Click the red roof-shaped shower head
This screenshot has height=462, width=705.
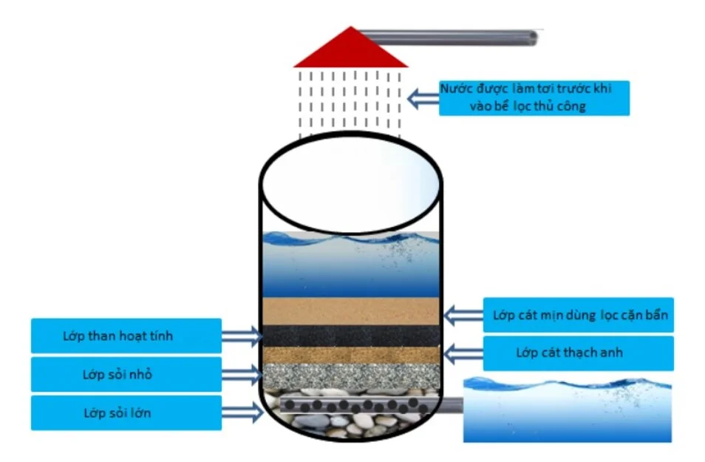pyautogui.click(x=350, y=50)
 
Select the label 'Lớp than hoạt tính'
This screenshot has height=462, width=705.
pyautogui.click(x=126, y=336)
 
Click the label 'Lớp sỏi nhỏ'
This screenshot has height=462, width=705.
pyautogui.click(x=126, y=375)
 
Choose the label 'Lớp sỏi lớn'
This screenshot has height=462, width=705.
pyautogui.click(x=126, y=412)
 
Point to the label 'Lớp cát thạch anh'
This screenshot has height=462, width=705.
pyautogui.click(x=579, y=353)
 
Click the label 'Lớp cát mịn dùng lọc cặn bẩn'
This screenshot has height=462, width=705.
pyautogui.click(x=579, y=316)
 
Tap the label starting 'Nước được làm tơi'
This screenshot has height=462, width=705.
pyautogui.click(x=534, y=98)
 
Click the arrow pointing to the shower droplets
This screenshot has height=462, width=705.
pyautogui.click(x=423, y=98)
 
